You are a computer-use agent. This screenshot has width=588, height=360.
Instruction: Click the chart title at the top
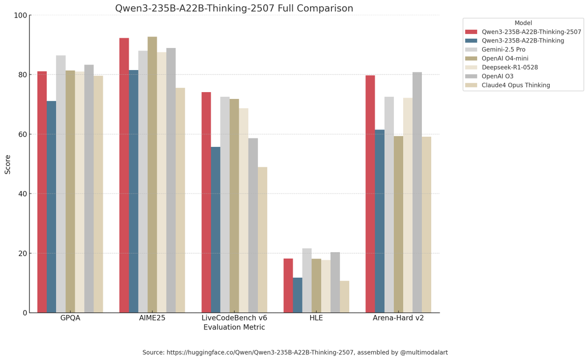(x=234, y=8)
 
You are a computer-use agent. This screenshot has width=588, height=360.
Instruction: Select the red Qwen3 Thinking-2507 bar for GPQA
(x=42, y=192)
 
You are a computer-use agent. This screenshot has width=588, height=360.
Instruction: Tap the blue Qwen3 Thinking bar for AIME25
(x=134, y=192)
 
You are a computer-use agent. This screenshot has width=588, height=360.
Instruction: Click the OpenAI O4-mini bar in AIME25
(x=152, y=175)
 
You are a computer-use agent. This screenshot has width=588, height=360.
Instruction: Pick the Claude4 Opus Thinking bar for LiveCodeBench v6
(x=263, y=240)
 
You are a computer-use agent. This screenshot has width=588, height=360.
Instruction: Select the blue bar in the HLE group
(x=298, y=295)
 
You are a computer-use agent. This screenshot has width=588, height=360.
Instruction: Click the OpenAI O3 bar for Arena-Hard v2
(x=417, y=192)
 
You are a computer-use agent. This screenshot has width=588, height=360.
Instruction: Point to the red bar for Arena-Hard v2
(x=370, y=194)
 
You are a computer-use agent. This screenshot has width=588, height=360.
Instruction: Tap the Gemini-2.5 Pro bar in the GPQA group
(x=61, y=184)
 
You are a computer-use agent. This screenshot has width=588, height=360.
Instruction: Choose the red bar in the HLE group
(x=288, y=286)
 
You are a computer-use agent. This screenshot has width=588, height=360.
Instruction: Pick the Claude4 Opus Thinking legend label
(x=516, y=85)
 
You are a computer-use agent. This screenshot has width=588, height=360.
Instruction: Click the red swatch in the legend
(x=471, y=32)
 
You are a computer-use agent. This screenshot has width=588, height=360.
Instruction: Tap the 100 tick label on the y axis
(x=21, y=15)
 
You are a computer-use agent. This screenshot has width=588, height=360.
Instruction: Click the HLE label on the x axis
(x=316, y=318)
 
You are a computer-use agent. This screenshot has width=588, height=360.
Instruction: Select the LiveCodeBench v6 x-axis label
(x=234, y=318)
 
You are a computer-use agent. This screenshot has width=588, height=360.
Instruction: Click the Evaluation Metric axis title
(x=234, y=327)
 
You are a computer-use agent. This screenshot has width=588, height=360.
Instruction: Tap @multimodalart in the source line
(x=424, y=352)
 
